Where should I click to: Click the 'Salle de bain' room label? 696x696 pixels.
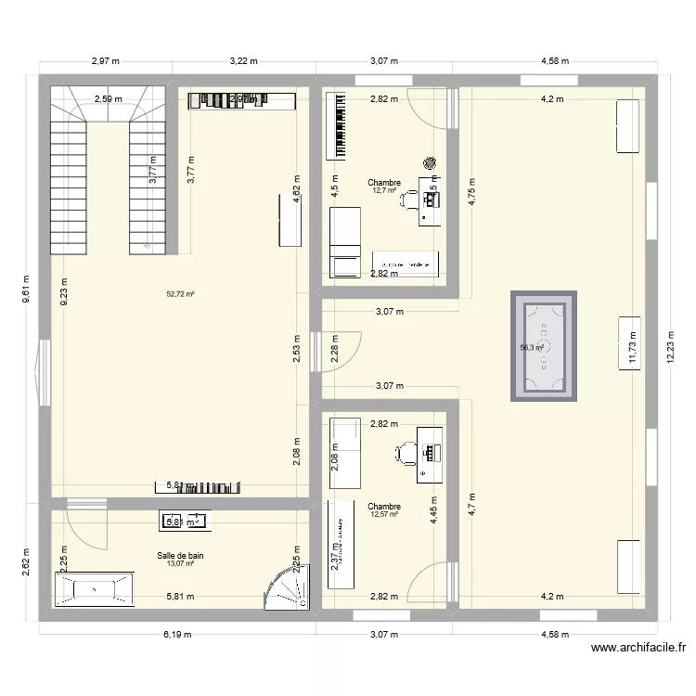click(180, 556)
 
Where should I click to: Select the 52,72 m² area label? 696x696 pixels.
click(180, 294)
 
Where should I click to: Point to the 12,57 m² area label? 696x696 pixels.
click(384, 515)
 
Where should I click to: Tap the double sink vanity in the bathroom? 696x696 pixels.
click(185, 522)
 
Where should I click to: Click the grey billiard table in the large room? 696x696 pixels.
click(544, 346)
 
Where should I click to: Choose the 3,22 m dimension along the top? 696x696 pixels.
click(243, 61)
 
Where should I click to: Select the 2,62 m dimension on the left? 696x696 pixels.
click(27, 559)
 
